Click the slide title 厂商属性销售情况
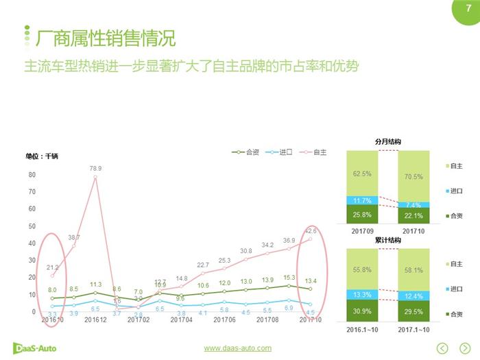point(105,38)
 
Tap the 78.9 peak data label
point(95,168)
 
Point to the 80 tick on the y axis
point(32,175)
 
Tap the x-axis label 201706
point(224,320)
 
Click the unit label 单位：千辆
point(42,156)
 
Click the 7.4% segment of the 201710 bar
point(413,204)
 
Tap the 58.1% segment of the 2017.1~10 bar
point(413,272)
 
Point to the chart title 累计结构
point(387,241)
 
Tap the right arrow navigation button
point(465,348)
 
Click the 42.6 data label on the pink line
point(311,230)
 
